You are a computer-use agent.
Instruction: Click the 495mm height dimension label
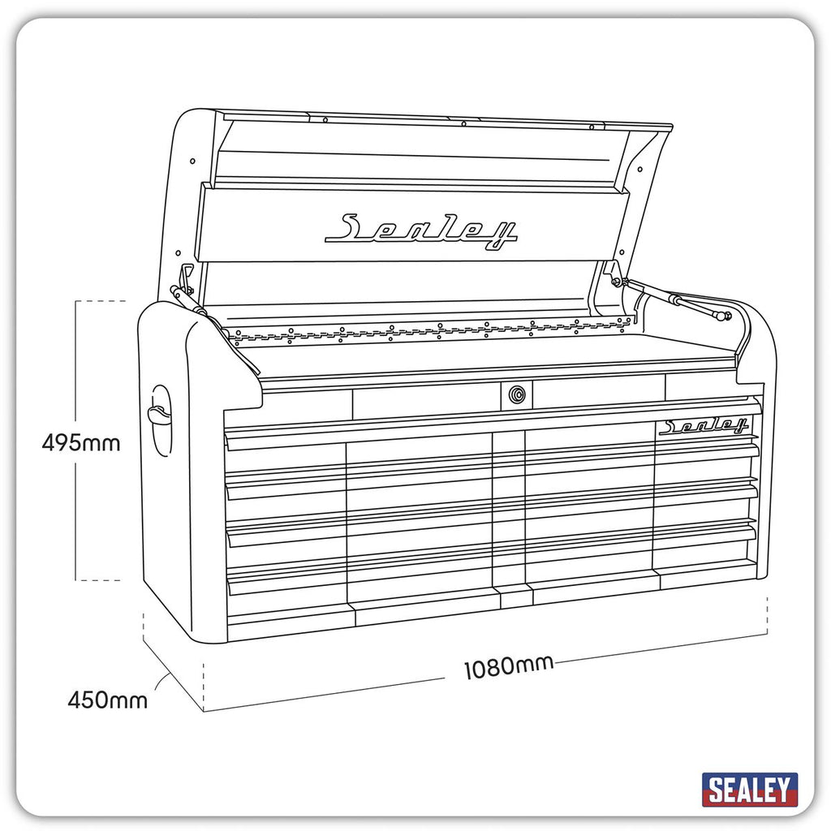tap(81, 442)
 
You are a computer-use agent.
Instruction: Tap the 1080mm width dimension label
tap(509, 667)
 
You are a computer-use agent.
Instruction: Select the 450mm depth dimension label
tap(108, 700)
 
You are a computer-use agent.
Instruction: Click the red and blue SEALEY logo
tap(749, 790)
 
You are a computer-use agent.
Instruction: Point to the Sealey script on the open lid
tap(421, 230)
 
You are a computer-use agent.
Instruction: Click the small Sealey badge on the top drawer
tap(704, 425)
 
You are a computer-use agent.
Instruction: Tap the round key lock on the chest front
tap(517, 394)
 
